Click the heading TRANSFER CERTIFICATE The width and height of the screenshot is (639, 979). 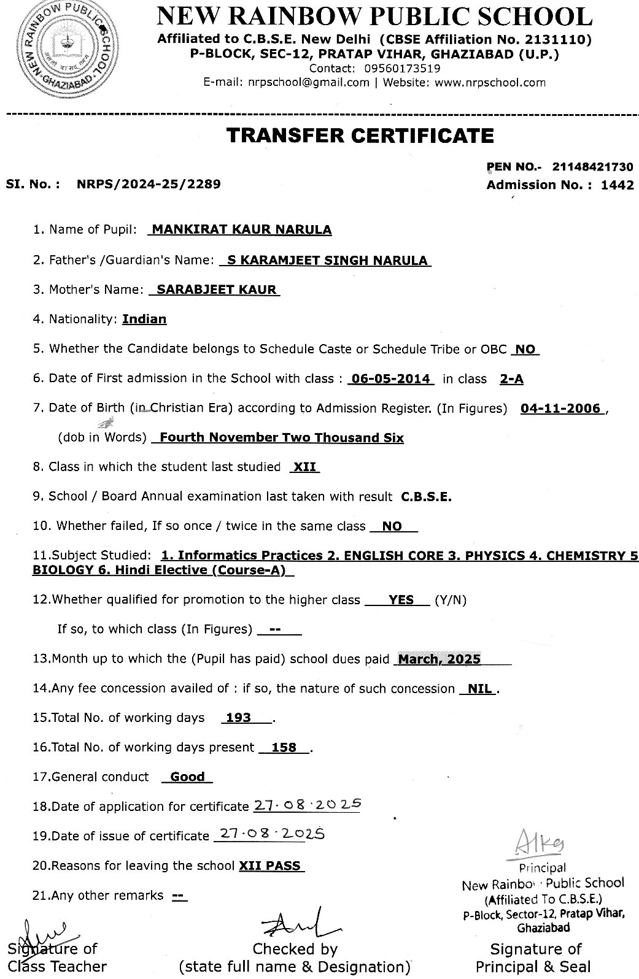click(360, 136)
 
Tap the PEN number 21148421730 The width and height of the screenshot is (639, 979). click(592, 167)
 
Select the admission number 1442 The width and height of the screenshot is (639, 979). click(617, 185)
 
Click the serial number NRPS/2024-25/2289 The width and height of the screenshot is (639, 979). click(149, 183)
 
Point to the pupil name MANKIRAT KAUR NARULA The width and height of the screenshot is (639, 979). click(241, 230)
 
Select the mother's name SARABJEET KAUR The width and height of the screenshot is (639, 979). click(217, 290)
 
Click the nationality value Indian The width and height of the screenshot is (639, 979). click(144, 319)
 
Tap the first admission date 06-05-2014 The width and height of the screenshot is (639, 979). click(390, 378)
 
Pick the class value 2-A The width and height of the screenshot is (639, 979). click(511, 378)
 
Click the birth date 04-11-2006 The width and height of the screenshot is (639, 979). click(560, 409)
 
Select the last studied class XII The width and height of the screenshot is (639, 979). click(304, 467)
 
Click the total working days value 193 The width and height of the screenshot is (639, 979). click(238, 718)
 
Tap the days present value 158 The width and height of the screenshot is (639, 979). click(284, 747)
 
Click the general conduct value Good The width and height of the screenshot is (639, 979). click(187, 777)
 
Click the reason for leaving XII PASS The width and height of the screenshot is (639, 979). click(269, 866)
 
